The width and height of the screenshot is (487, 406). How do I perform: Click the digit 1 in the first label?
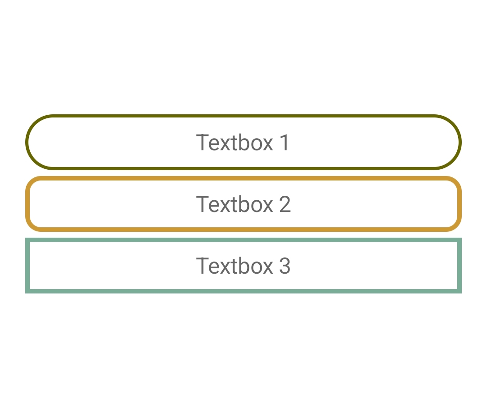[285, 143]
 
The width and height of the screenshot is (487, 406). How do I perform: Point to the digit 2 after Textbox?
[285, 204]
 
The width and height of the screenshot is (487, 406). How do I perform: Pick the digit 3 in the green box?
[285, 266]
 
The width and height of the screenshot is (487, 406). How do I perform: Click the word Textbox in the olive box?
[234, 143]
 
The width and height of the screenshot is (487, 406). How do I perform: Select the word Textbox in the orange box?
[234, 204]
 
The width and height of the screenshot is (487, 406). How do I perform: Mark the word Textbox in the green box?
[234, 266]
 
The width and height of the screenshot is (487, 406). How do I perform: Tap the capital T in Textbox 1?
[202, 143]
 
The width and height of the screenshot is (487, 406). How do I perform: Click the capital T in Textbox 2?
[202, 204]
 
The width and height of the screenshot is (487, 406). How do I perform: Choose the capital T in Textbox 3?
[202, 266]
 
